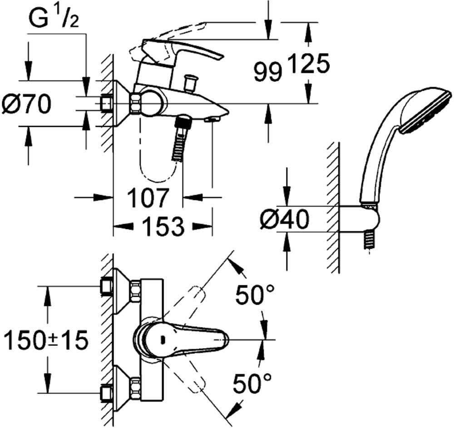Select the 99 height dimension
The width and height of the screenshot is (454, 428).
(x=268, y=73)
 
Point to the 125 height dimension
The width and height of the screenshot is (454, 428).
(x=309, y=63)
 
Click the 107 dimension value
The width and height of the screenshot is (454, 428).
(x=148, y=198)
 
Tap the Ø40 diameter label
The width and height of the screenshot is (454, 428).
(x=284, y=219)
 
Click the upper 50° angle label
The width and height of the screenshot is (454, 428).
(x=254, y=294)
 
